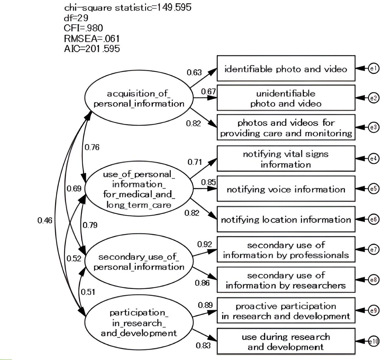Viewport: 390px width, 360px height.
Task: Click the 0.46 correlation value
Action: coord(45,221)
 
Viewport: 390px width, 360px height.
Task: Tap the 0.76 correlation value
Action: coord(92,147)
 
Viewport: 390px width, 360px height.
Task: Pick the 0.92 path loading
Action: coord(205,244)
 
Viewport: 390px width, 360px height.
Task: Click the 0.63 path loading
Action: coord(194,72)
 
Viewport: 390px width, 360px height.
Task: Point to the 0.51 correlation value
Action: coord(88,292)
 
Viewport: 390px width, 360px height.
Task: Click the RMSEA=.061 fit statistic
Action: coord(92,39)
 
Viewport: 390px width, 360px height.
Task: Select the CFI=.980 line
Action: coord(83,28)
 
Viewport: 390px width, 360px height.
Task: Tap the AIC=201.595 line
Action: coord(92,49)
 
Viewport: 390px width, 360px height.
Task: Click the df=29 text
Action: coord(76,18)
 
